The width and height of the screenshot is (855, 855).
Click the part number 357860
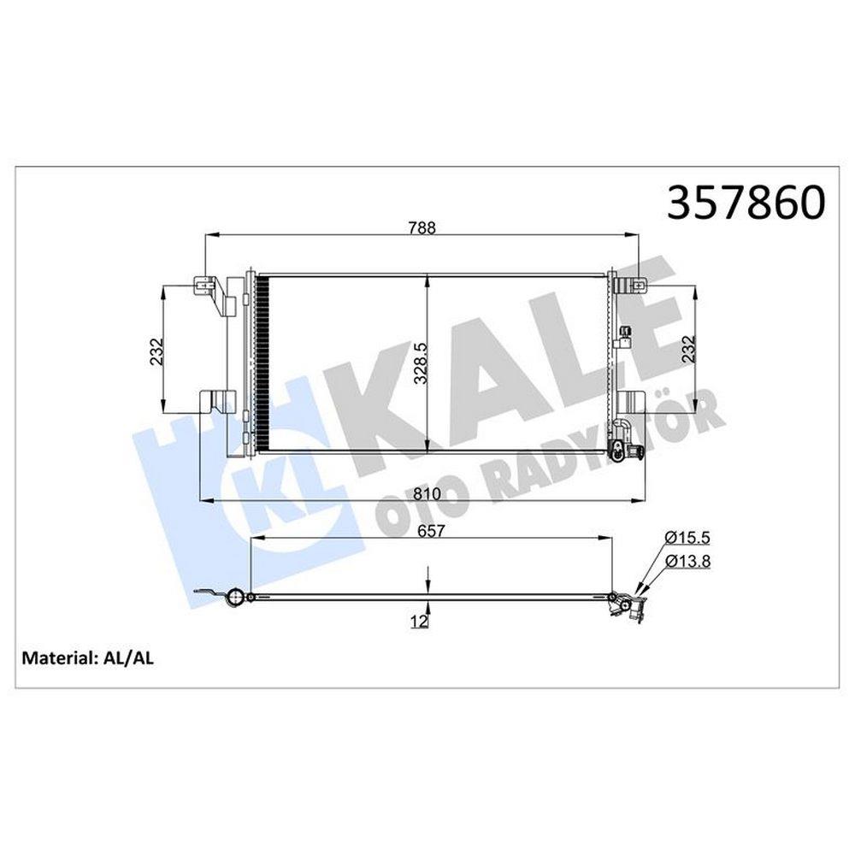[x=746, y=202]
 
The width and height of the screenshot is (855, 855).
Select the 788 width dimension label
[x=422, y=227]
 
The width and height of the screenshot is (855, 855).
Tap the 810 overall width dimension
[x=427, y=494]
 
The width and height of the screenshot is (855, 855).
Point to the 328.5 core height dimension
[x=421, y=363]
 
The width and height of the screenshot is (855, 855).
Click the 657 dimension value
[x=430, y=531]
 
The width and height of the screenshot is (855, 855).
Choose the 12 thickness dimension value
[x=420, y=621]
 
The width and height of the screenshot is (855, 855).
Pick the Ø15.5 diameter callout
[x=687, y=538]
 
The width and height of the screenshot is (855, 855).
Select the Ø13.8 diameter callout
[x=687, y=561]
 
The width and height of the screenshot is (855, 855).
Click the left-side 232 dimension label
[x=156, y=352]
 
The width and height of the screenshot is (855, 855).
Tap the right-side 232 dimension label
[x=688, y=349]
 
